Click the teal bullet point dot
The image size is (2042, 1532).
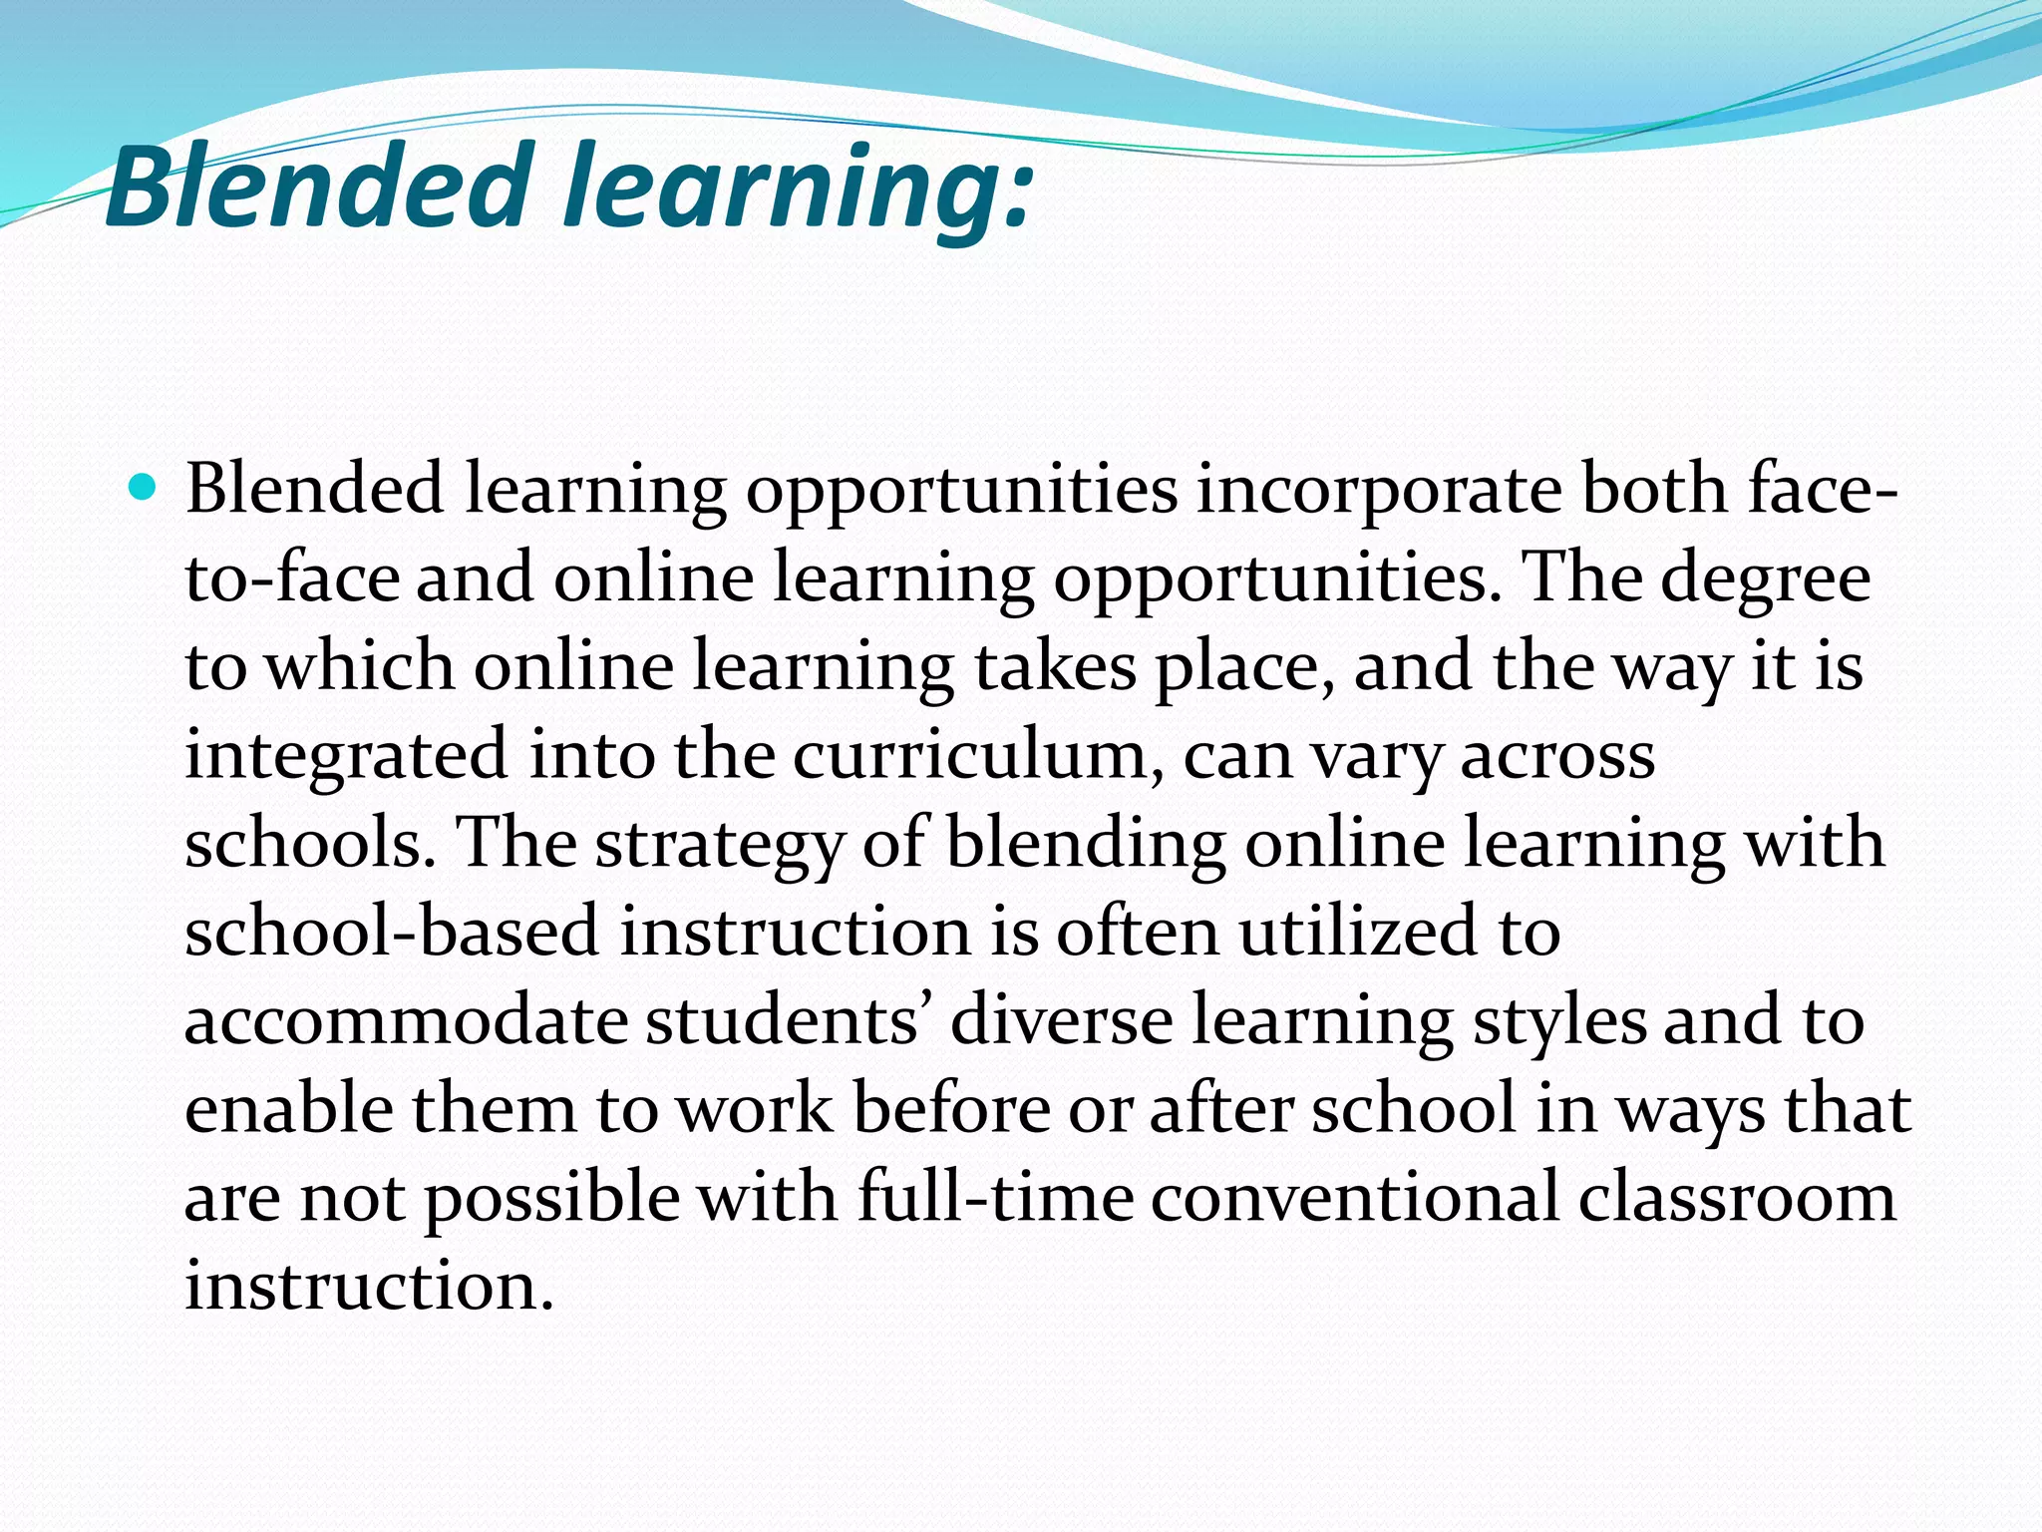click(144, 489)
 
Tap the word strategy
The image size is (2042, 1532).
click(719, 844)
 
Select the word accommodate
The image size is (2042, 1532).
click(405, 1020)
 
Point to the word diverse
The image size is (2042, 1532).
click(1061, 1020)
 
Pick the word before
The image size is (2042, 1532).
click(951, 1109)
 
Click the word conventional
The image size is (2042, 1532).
click(1355, 1197)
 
